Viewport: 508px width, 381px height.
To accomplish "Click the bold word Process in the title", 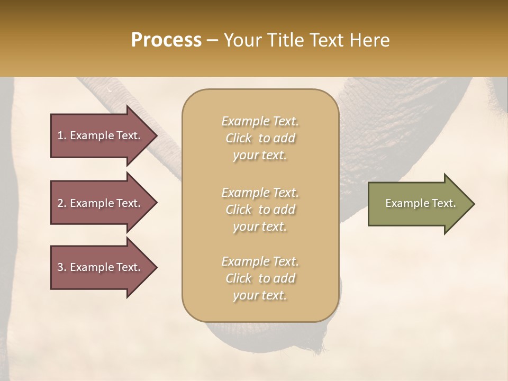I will coord(166,40).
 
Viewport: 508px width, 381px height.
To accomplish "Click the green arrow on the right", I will coord(418,204).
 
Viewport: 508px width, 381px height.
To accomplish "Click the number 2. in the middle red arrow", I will coord(62,203).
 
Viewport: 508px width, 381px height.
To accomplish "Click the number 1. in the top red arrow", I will coord(62,135).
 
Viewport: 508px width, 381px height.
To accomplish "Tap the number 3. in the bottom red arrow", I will coord(62,267).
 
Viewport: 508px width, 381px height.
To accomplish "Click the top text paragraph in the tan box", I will coord(260,138).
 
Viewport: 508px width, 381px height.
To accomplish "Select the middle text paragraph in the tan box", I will coord(260,210).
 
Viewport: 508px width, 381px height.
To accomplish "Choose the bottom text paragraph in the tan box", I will coord(260,278).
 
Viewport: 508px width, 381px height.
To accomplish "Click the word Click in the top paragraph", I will coord(239,138).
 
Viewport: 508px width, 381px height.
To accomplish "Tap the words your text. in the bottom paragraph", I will coord(260,296).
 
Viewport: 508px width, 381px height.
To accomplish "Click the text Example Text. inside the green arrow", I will coord(420,203).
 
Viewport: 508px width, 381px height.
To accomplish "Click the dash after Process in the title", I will coord(213,40).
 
